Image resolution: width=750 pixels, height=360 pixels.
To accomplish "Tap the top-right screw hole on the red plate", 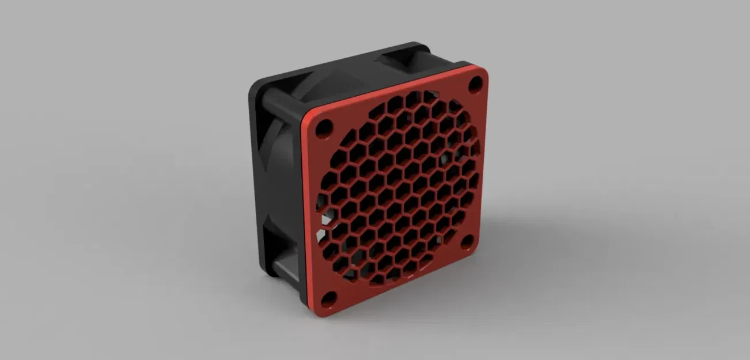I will click(475, 84).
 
